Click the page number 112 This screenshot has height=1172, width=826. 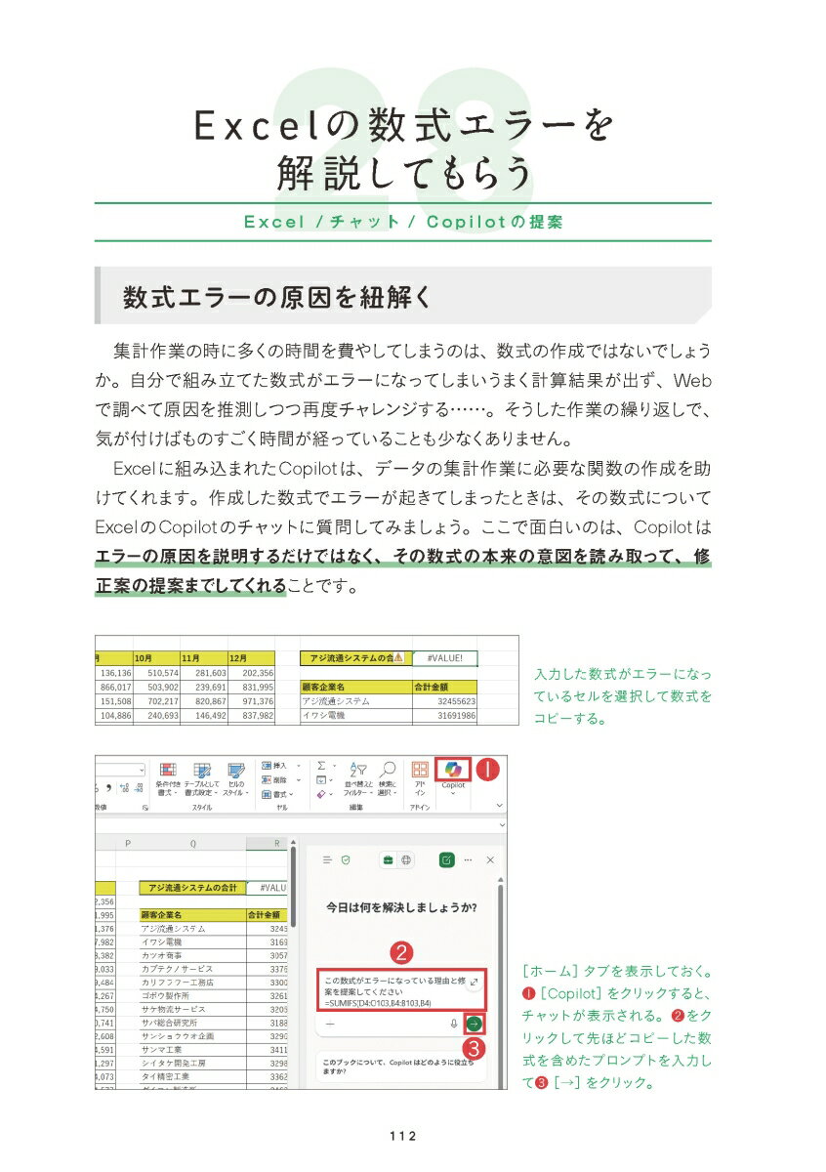402,1135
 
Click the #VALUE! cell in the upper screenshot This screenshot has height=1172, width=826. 444,658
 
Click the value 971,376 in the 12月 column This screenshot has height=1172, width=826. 252,701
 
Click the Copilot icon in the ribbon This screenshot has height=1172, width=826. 452,771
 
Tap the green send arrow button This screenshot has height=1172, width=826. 475,1023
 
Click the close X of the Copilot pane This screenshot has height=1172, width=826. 490,859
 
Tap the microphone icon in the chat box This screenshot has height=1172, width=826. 454,1024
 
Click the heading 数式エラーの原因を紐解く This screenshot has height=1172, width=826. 277,297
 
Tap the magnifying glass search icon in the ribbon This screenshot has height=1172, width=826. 387,771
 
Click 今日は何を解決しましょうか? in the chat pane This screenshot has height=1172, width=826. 401,907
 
